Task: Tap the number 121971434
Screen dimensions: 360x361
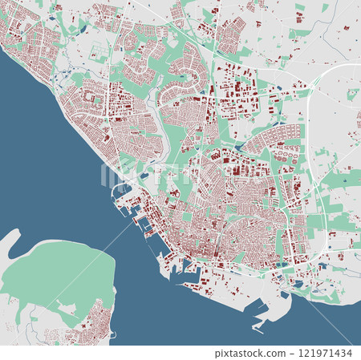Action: (329, 353)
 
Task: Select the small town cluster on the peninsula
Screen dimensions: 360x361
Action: (92, 325)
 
